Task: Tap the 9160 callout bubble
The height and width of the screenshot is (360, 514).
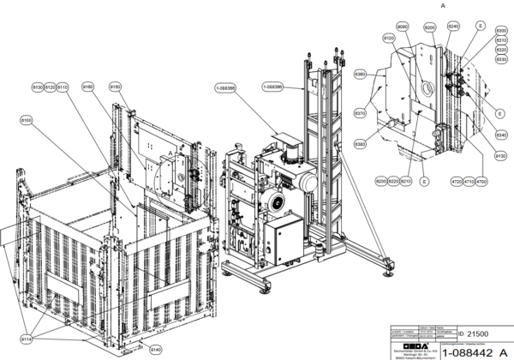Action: (87, 87)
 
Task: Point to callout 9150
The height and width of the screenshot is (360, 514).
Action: (116, 87)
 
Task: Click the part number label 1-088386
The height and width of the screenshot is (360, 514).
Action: (226, 87)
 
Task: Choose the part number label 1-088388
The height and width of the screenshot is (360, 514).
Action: (272, 87)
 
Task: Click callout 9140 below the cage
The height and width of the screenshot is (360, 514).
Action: (156, 350)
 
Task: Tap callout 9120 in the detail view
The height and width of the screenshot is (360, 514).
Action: (389, 39)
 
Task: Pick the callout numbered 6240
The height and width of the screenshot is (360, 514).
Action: (453, 27)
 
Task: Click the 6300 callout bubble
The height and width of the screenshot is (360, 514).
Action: (501, 31)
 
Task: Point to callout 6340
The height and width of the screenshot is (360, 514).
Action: (501, 135)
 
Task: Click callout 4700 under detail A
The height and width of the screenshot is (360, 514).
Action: (481, 182)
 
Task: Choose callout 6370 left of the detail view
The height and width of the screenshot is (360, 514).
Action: (361, 113)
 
